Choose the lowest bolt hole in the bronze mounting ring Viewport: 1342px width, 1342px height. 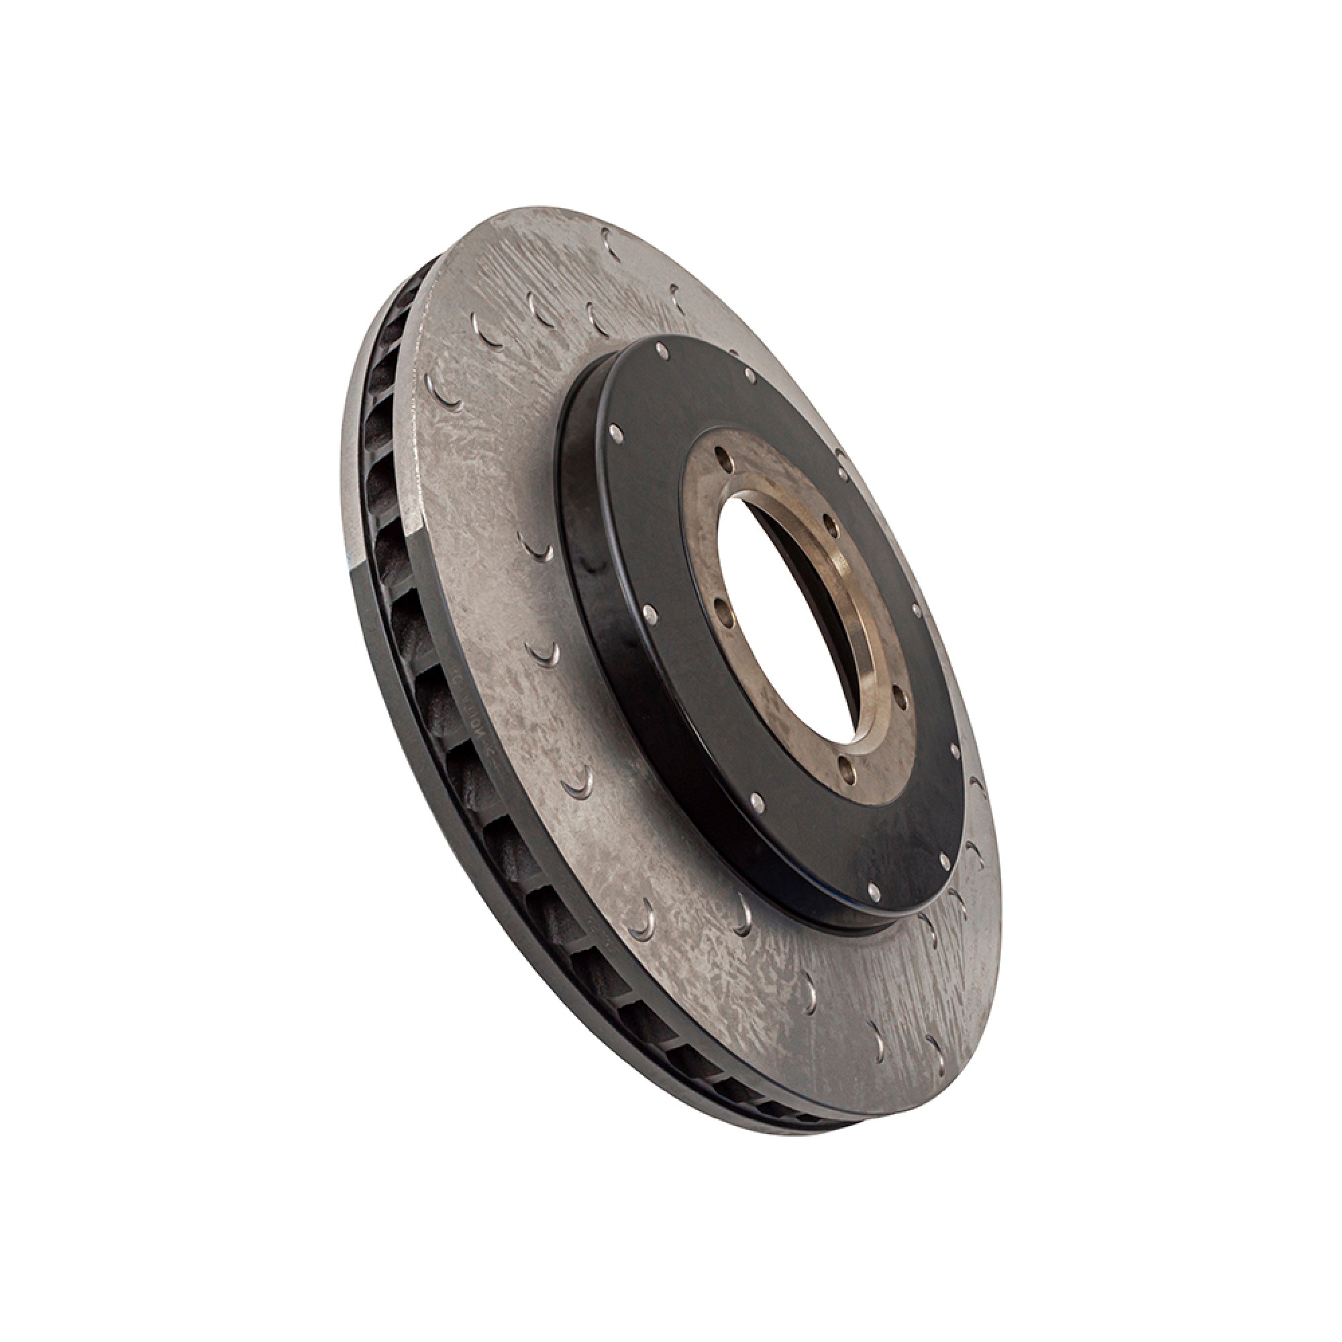coord(846,766)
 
